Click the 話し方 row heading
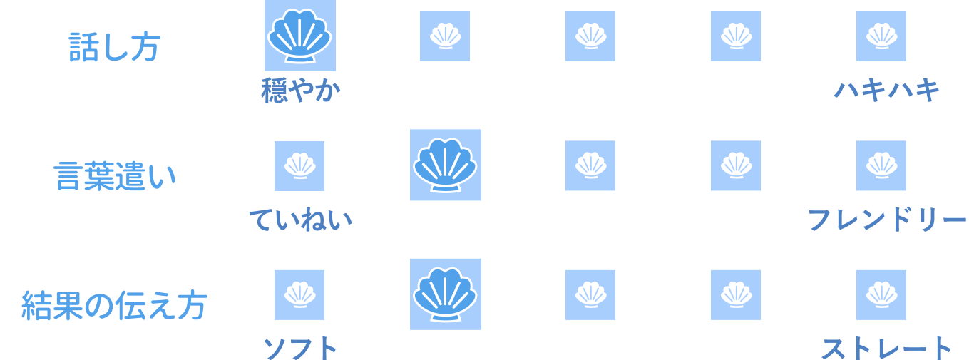click(114, 46)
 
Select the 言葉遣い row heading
click(114, 175)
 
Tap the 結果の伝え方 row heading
click(114, 305)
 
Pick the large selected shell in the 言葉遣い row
click(446, 165)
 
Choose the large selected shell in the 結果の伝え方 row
click(446, 294)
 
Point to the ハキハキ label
click(886, 92)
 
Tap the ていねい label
click(300, 221)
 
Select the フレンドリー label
click(886, 221)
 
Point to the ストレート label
click(886, 349)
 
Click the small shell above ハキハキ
click(881, 36)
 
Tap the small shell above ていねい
click(299, 165)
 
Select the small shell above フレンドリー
click(881, 165)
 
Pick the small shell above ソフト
click(299, 294)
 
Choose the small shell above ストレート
click(881, 294)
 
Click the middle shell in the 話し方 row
click(590, 36)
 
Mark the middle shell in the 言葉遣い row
click(590, 165)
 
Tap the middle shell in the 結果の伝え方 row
click(590, 294)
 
